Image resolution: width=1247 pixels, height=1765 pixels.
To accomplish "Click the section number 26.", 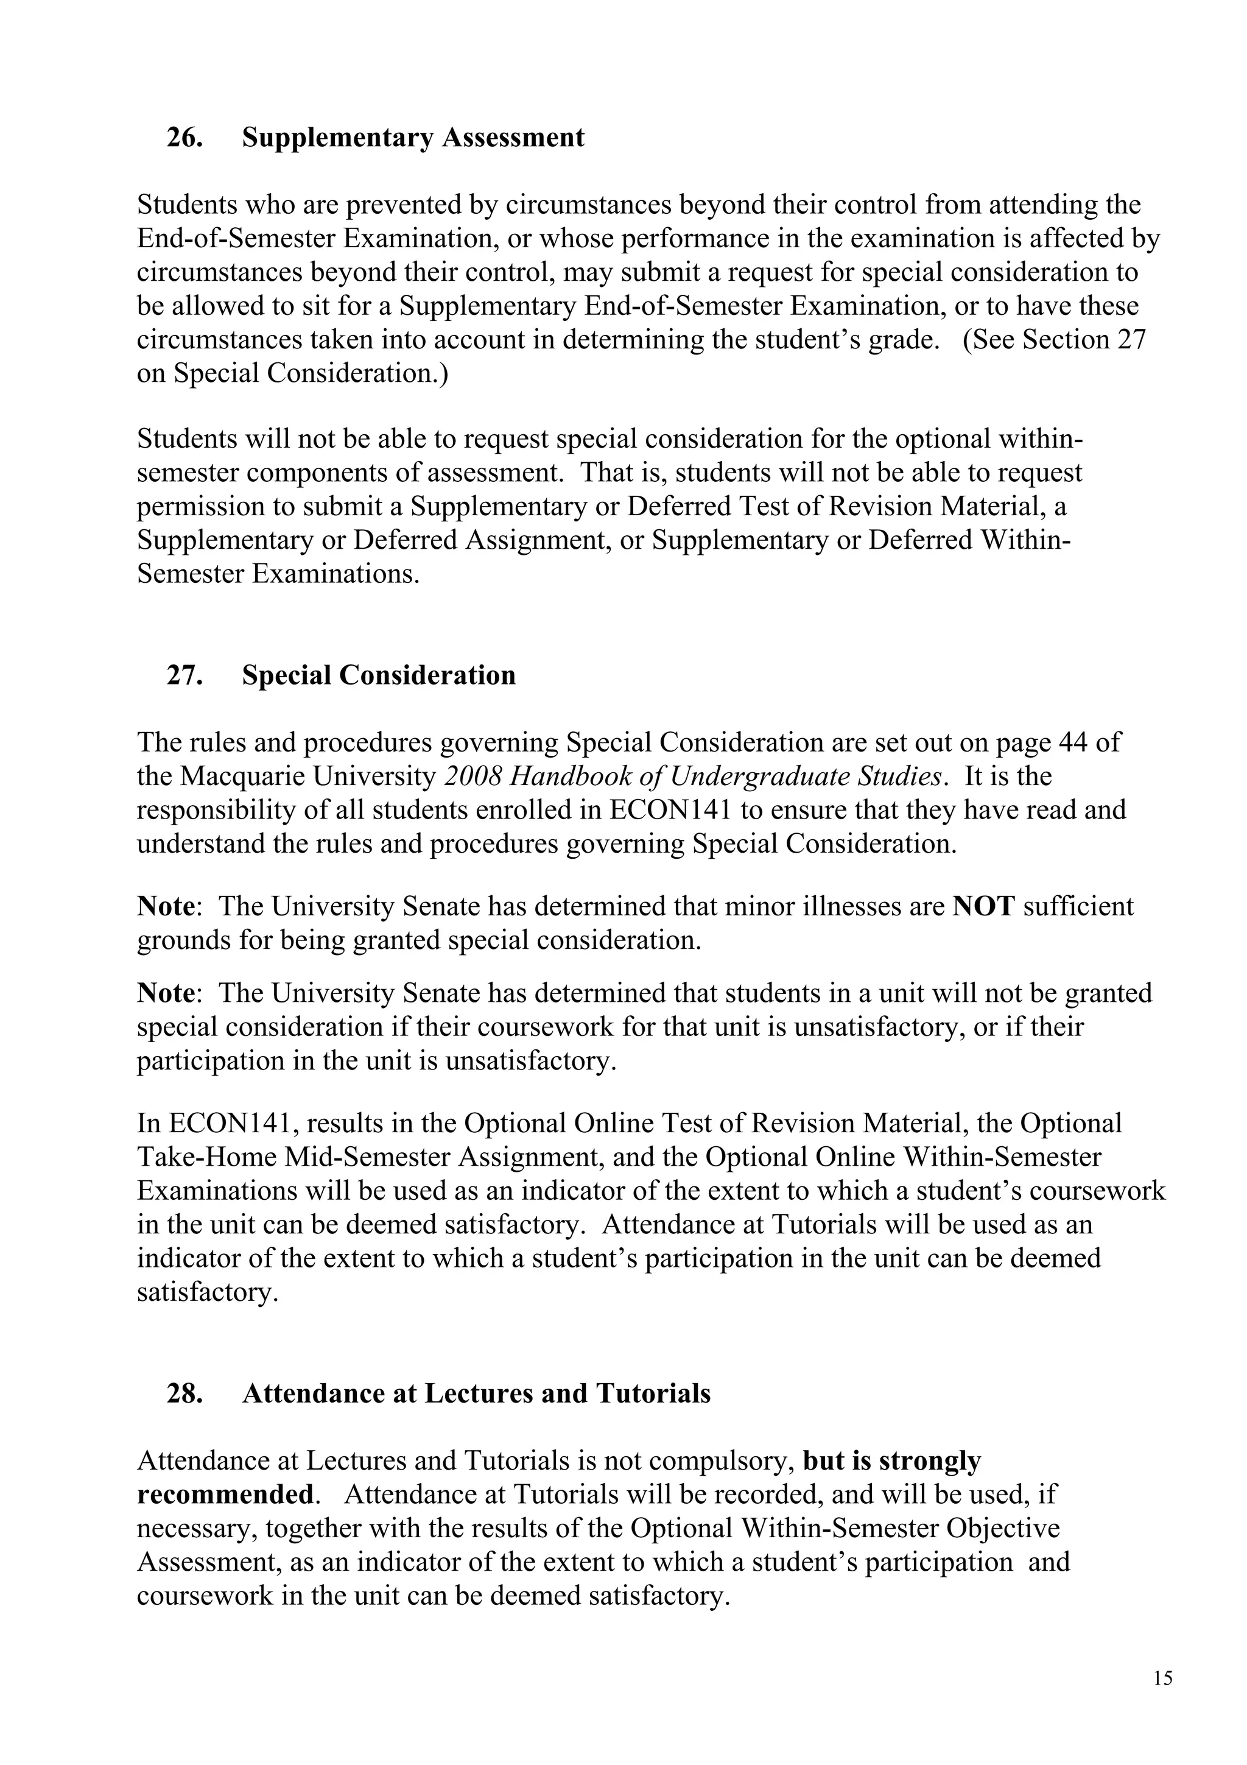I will [184, 138].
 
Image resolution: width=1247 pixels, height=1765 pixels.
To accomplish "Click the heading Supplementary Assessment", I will [413, 138].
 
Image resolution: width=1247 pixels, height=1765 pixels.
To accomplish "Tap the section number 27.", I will [184, 675].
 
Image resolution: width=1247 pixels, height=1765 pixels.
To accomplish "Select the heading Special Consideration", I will [378, 675].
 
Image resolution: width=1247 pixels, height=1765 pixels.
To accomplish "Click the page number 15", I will [1162, 1677].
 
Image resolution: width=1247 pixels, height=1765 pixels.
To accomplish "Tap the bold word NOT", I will [983, 906].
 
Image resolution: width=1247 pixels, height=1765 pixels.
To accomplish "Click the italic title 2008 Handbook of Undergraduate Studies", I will [693, 777].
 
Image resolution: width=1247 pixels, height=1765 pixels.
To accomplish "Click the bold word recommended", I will [225, 1495].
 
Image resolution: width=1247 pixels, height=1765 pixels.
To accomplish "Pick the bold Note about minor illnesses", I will [164, 906].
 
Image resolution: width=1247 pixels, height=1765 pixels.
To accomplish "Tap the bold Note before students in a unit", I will [164, 993].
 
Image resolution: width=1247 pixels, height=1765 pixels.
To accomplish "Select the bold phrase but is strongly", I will [891, 1460].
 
